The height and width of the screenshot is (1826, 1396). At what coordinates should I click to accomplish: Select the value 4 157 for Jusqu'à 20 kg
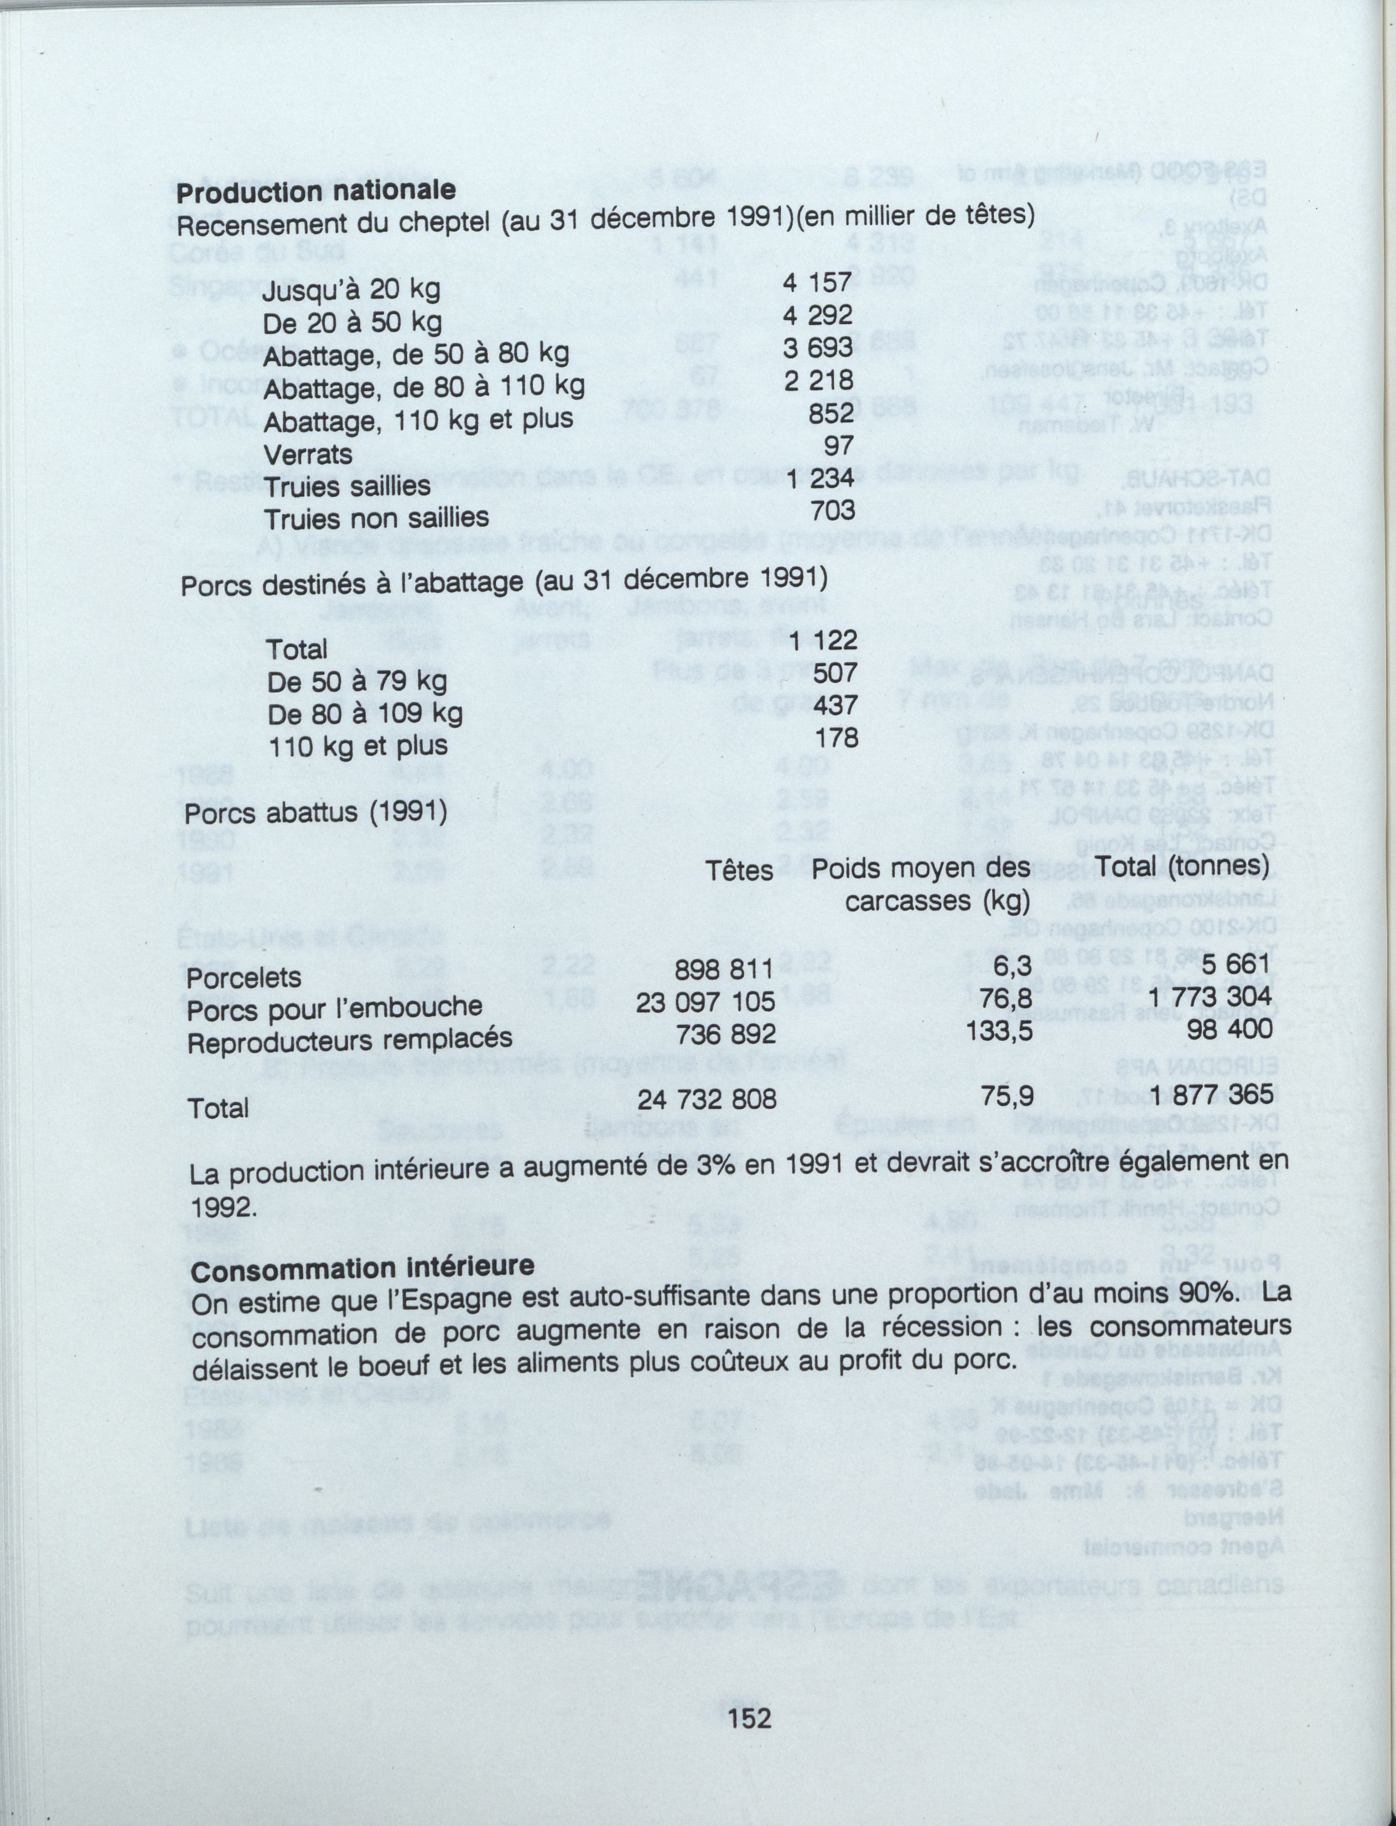(x=818, y=283)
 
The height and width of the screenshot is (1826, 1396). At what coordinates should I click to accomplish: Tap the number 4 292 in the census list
(x=818, y=316)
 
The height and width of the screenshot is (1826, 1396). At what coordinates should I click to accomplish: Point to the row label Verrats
(x=308, y=454)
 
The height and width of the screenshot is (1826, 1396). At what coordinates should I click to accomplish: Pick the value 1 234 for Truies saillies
(x=822, y=479)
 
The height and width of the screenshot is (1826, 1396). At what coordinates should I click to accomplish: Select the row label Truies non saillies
(x=376, y=518)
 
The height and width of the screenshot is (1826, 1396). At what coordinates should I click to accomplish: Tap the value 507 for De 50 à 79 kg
(x=835, y=672)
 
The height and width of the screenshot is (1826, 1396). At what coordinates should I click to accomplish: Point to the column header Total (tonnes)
(x=1182, y=867)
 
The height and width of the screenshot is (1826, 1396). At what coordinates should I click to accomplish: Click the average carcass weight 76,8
(x=1006, y=999)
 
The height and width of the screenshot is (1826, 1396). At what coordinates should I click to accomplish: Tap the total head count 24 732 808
(x=707, y=1100)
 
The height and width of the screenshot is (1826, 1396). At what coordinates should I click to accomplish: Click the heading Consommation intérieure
(x=362, y=1269)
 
